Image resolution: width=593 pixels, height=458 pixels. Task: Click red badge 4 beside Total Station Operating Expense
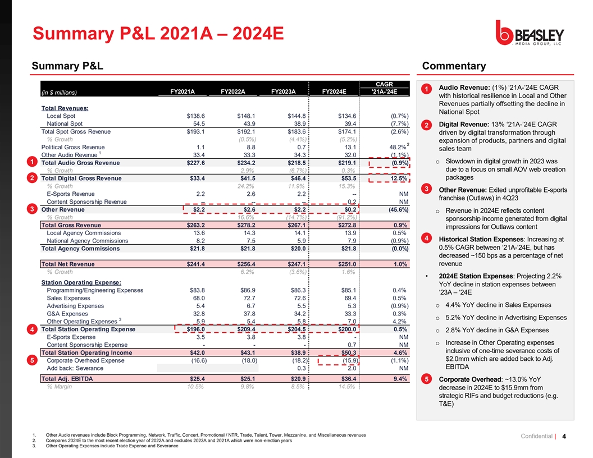pos(35,329)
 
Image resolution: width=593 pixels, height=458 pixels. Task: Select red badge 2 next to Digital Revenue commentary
pos(427,125)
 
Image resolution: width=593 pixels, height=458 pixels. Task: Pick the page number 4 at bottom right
pos(579,438)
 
